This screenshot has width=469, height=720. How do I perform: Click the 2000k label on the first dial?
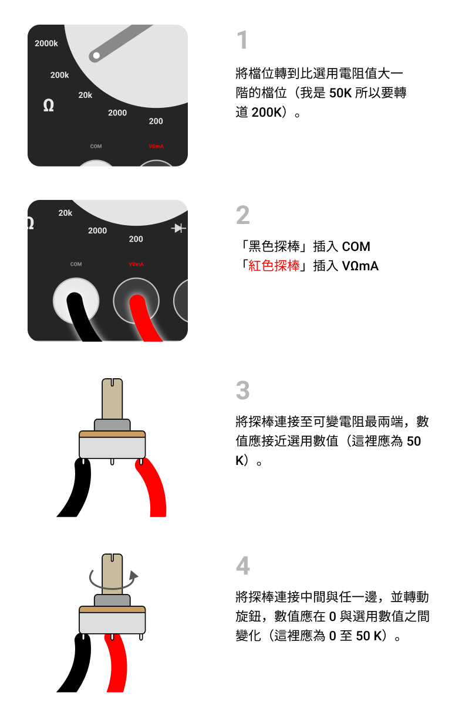pyautogui.click(x=46, y=43)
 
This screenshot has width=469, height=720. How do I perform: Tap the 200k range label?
pyautogui.click(x=59, y=75)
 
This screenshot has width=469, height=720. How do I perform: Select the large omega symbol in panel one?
pyautogui.click(x=49, y=105)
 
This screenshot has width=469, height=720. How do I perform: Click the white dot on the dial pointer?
pyautogui.click(x=96, y=56)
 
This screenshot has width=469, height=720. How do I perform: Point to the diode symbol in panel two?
pyautogui.click(x=178, y=228)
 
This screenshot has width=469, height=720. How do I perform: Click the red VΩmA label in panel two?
pyautogui.click(x=136, y=264)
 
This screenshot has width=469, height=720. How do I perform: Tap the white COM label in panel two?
pyautogui.click(x=76, y=264)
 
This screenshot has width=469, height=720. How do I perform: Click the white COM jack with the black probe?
pyautogui.click(x=76, y=301)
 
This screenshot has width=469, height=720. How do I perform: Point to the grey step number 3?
pyautogui.click(x=242, y=390)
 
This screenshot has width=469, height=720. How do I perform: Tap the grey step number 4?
pyautogui.click(x=242, y=565)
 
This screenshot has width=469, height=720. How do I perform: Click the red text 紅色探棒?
pyautogui.click(x=274, y=266)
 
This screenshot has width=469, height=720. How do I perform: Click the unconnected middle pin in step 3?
pyautogui.click(x=112, y=461)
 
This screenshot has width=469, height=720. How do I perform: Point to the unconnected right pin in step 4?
pyautogui.click(x=141, y=637)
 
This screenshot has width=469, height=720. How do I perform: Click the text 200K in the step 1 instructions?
pyautogui.click(x=266, y=112)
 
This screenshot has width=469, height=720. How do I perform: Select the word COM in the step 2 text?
pyautogui.click(x=356, y=246)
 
